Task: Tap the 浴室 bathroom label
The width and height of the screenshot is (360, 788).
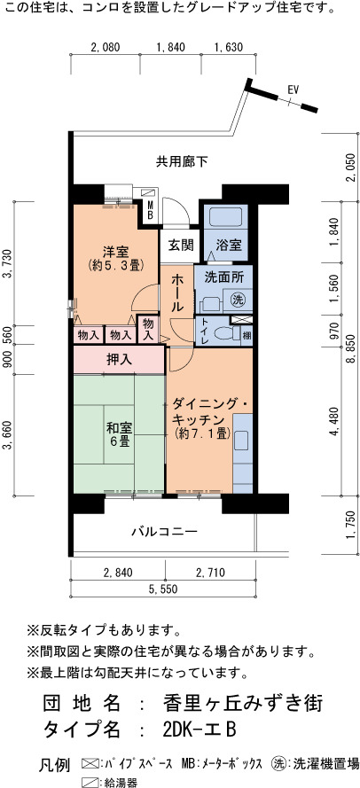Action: click(x=229, y=246)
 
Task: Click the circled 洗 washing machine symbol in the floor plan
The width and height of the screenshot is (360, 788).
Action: click(x=238, y=300)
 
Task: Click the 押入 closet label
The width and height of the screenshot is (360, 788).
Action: click(x=119, y=359)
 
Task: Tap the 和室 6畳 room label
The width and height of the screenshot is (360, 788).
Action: click(x=119, y=435)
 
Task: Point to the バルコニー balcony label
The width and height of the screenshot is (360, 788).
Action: click(x=164, y=531)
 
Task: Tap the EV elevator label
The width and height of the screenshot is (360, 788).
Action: click(x=293, y=90)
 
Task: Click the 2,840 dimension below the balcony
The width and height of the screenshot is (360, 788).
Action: click(x=117, y=572)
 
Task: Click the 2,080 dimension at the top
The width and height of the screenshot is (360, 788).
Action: click(x=106, y=47)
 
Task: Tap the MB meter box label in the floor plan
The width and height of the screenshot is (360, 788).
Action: click(x=149, y=209)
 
